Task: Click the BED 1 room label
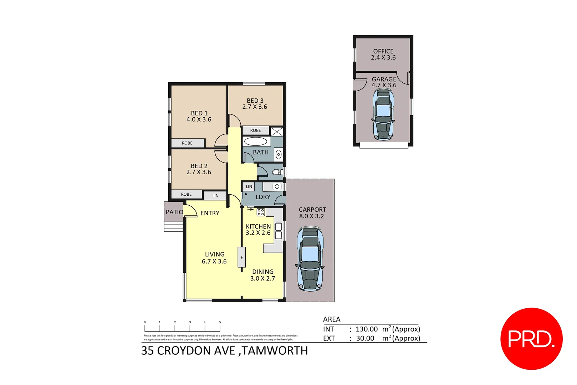point(199,113)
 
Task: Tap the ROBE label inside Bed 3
point(255,130)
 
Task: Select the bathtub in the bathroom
point(255,142)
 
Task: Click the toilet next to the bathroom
point(277,172)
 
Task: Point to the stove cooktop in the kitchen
point(261,212)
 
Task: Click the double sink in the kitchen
point(278,230)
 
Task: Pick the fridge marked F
point(242,257)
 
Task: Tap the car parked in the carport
point(310,260)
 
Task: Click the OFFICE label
point(383,51)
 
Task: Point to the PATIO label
point(174,212)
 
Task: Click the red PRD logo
point(531,339)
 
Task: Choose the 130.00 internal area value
point(367,329)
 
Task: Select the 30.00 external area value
point(365,338)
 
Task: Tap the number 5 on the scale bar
point(220,322)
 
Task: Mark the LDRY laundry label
point(263,197)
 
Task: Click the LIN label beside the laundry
point(249,186)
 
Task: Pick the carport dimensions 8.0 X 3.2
point(312,216)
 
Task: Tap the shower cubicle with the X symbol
point(277,132)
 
